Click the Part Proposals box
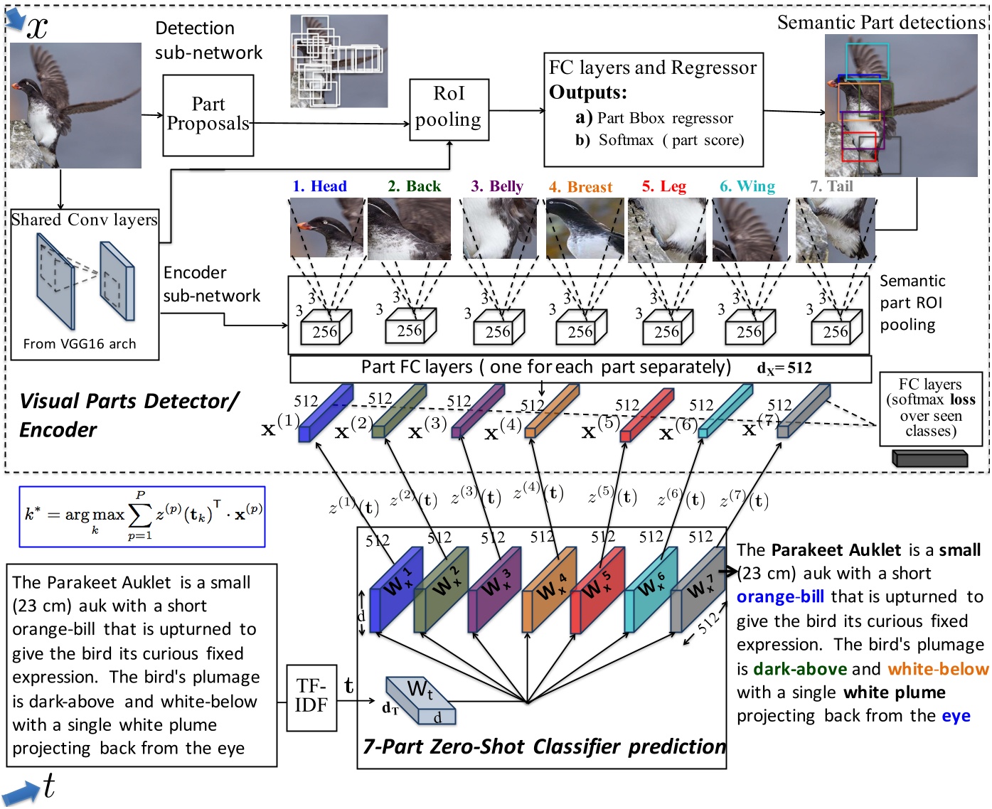[208, 115]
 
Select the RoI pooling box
[449, 107]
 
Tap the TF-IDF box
[311, 697]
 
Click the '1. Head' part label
[319, 186]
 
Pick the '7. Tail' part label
[831, 186]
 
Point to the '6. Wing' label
[747, 186]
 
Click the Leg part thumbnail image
[667, 230]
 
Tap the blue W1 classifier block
[395, 587]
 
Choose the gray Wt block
[420, 700]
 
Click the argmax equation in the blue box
[142, 516]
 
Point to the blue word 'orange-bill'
[780, 597]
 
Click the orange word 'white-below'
[937, 669]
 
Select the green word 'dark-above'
[799, 669]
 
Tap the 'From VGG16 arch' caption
[79, 344]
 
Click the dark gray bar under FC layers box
[929, 459]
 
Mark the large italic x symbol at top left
[37, 27]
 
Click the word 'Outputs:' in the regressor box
[587, 92]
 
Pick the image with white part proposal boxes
[339, 61]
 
